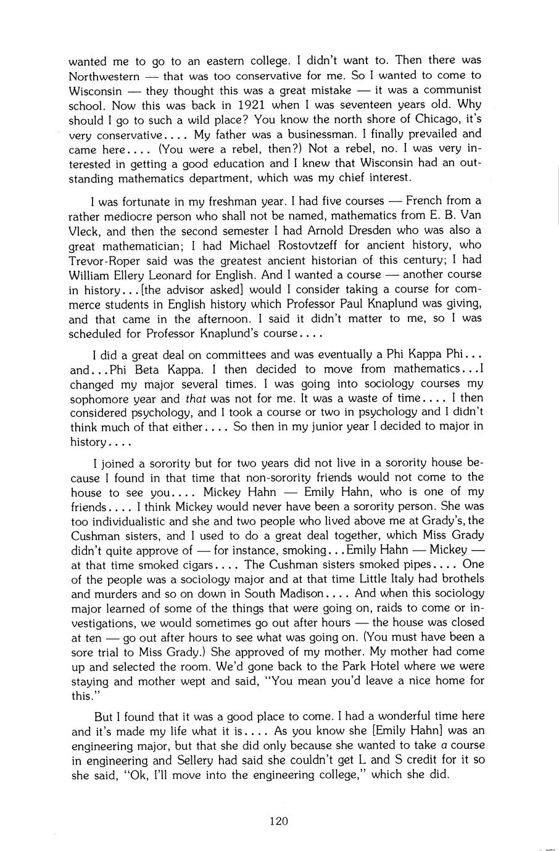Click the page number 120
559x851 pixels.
pyautogui.click(x=279, y=820)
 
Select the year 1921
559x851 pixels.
pyautogui.click(x=255, y=105)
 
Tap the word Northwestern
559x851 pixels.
pyautogui.click(x=104, y=76)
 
